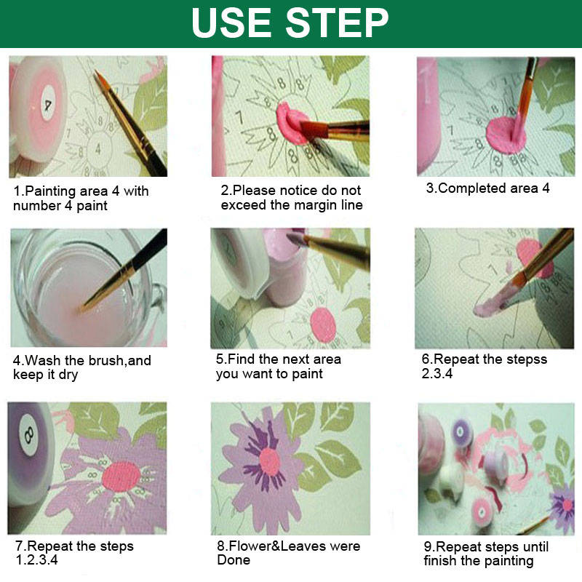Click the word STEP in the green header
point(337,23)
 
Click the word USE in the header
point(231,23)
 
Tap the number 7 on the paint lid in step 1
point(48,105)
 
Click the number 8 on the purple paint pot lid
point(29,434)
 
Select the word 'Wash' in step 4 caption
point(42,360)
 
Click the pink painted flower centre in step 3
point(506,135)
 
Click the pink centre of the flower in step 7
point(121,477)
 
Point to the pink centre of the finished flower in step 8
point(269,462)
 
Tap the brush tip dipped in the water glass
point(81,310)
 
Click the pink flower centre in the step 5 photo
point(323,324)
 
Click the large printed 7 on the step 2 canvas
point(239,117)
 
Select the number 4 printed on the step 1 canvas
point(98,149)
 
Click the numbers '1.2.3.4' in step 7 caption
point(37,559)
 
